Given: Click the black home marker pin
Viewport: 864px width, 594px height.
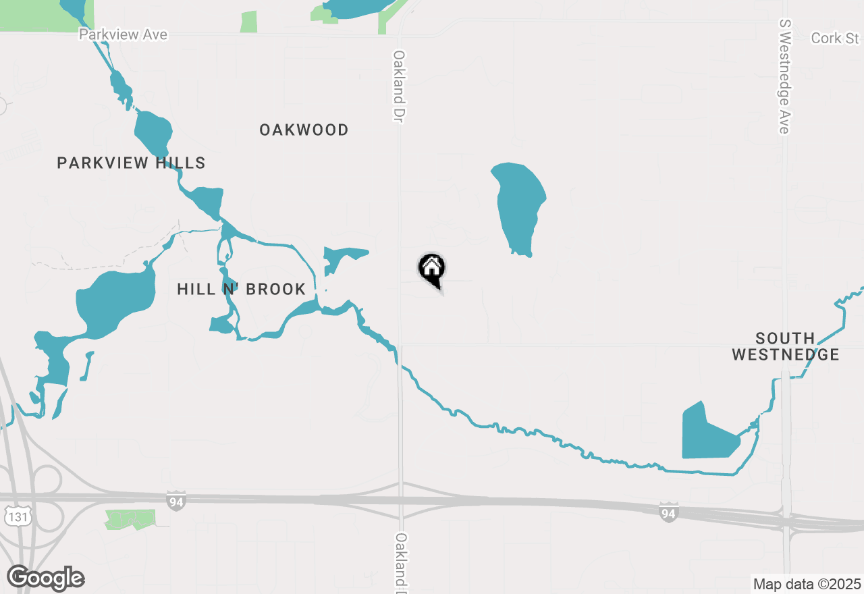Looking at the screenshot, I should coord(432,269).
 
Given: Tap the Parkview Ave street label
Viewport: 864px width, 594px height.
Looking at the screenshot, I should coord(123,34).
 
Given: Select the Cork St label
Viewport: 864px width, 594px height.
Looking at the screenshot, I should coord(835,38).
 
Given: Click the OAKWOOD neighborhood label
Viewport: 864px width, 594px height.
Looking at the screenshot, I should coord(304,130).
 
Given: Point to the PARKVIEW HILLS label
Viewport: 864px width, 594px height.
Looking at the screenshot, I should coord(131,163).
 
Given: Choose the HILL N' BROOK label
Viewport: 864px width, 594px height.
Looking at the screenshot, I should coord(241,289).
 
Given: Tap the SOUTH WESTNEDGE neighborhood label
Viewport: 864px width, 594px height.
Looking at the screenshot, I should coord(785,346).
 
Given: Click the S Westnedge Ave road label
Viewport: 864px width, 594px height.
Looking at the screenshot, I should coord(784,76).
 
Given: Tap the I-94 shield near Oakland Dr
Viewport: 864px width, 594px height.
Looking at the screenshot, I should coord(175,500).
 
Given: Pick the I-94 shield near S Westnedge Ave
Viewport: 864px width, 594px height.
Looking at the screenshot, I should coord(668,512).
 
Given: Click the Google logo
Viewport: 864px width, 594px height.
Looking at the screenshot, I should coord(46,578).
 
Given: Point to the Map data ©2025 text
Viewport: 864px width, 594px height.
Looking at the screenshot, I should coord(807,584).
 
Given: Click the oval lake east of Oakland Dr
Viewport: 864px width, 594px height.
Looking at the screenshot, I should coord(518,206).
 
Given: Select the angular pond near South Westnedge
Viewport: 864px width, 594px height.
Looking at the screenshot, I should coord(705,435).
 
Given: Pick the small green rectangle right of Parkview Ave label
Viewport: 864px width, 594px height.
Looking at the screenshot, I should coord(248,22).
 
